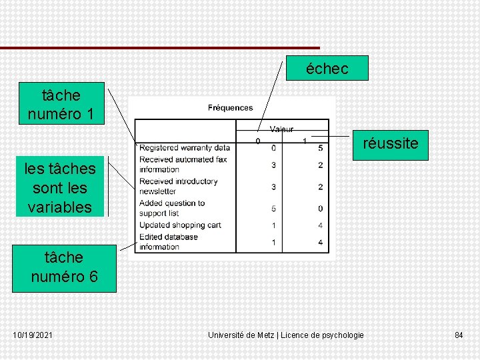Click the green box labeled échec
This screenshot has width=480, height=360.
click(327, 68)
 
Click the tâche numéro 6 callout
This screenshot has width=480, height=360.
click(64, 266)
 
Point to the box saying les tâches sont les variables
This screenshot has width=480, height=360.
click(61, 187)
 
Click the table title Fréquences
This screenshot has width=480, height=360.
click(230, 107)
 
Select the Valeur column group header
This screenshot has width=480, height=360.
click(281, 129)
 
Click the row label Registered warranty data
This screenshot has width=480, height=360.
click(185, 148)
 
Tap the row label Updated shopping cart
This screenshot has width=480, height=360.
click(180, 225)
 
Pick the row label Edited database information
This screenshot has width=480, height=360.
click(169, 241)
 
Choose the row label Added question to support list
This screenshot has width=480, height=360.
click(171, 208)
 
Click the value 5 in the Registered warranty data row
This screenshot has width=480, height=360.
click(321, 148)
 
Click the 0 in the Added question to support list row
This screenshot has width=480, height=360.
click(321, 209)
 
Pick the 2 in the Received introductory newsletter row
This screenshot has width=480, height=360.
click(321, 187)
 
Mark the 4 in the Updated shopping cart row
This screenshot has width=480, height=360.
click(321, 225)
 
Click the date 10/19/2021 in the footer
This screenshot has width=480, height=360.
click(33, 335)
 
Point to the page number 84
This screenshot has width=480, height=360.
click(459, 335)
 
